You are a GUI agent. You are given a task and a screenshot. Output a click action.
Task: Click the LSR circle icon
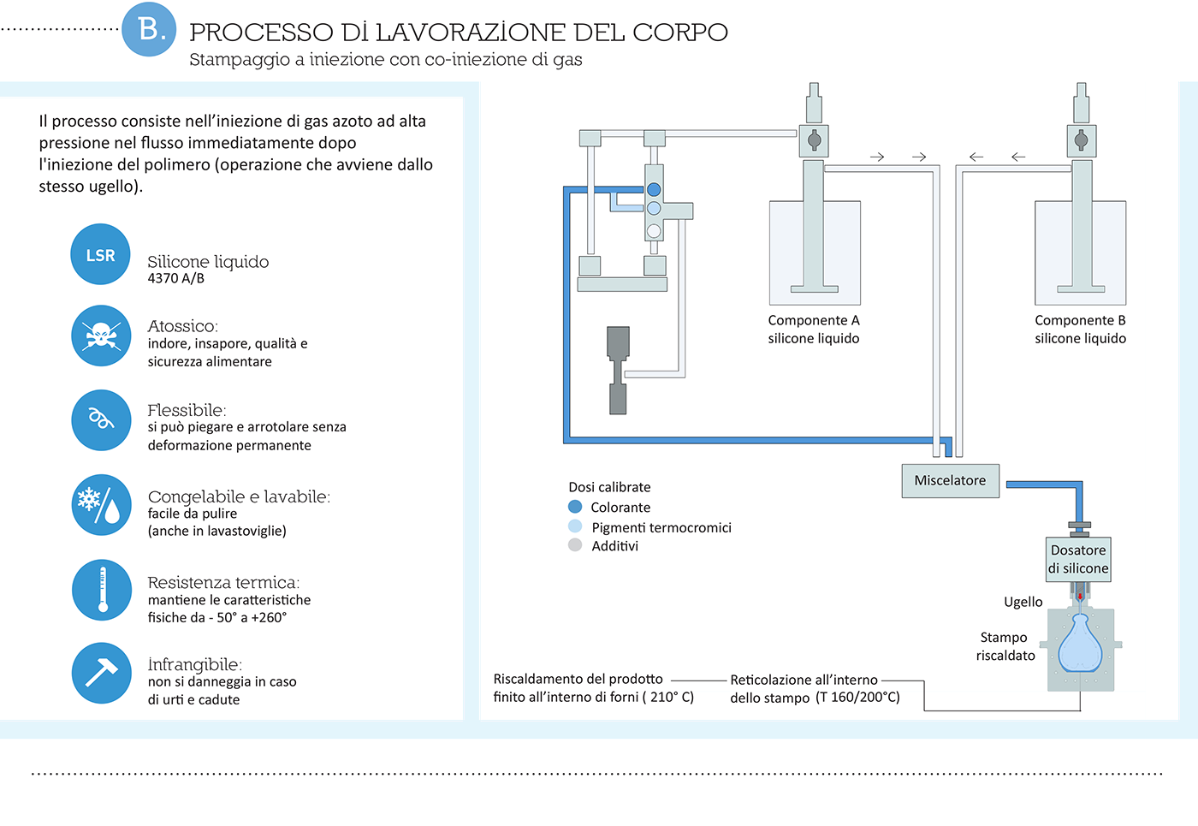100,254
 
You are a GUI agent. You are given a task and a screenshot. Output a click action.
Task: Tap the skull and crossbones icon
101,336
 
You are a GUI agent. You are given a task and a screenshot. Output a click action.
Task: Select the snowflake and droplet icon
101,505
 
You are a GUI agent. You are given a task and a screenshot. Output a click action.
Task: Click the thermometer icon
102,590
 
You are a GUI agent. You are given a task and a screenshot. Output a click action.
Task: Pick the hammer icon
102,673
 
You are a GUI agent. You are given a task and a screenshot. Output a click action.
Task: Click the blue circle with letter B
149,30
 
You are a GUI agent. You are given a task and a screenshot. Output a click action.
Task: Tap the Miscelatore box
950,480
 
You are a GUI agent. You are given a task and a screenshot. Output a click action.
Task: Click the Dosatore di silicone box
1078,559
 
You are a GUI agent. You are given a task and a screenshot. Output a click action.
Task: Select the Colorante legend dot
575,507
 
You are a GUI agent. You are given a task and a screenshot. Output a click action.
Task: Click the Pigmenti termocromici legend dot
575,526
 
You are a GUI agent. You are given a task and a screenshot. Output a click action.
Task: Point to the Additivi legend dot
575,545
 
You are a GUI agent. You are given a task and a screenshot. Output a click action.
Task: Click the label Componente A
813,320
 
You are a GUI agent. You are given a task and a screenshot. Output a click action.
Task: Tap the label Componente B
1080,320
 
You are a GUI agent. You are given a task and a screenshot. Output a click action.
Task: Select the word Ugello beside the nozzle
1023,602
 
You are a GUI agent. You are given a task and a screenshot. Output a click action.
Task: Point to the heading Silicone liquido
208,262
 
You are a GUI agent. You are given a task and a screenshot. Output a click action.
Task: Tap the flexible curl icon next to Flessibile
101,419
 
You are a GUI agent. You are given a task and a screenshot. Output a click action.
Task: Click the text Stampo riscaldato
1005,646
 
